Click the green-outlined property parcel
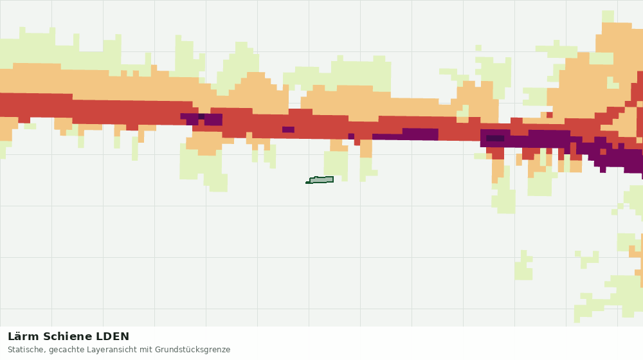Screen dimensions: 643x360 click(x=320, y=180)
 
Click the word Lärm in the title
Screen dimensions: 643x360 click(x=24, y=337)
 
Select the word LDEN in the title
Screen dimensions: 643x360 click(x=113, y=337)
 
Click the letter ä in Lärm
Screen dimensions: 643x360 click(x=19, y=337)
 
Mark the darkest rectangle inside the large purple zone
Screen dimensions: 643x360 click(x=495, y=139)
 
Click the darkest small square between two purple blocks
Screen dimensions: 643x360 click(x=201, y=116)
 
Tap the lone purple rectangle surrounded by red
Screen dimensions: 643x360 click(x=288, y=130)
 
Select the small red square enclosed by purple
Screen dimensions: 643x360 click(x=603, y=152)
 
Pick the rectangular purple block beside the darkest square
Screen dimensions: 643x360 click(x=213, y=120)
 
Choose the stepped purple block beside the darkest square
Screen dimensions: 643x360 click(x=190, y=119)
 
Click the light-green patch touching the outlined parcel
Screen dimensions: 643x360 click(x=336, y=166)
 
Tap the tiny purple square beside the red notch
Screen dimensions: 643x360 click(x=351, y=136)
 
